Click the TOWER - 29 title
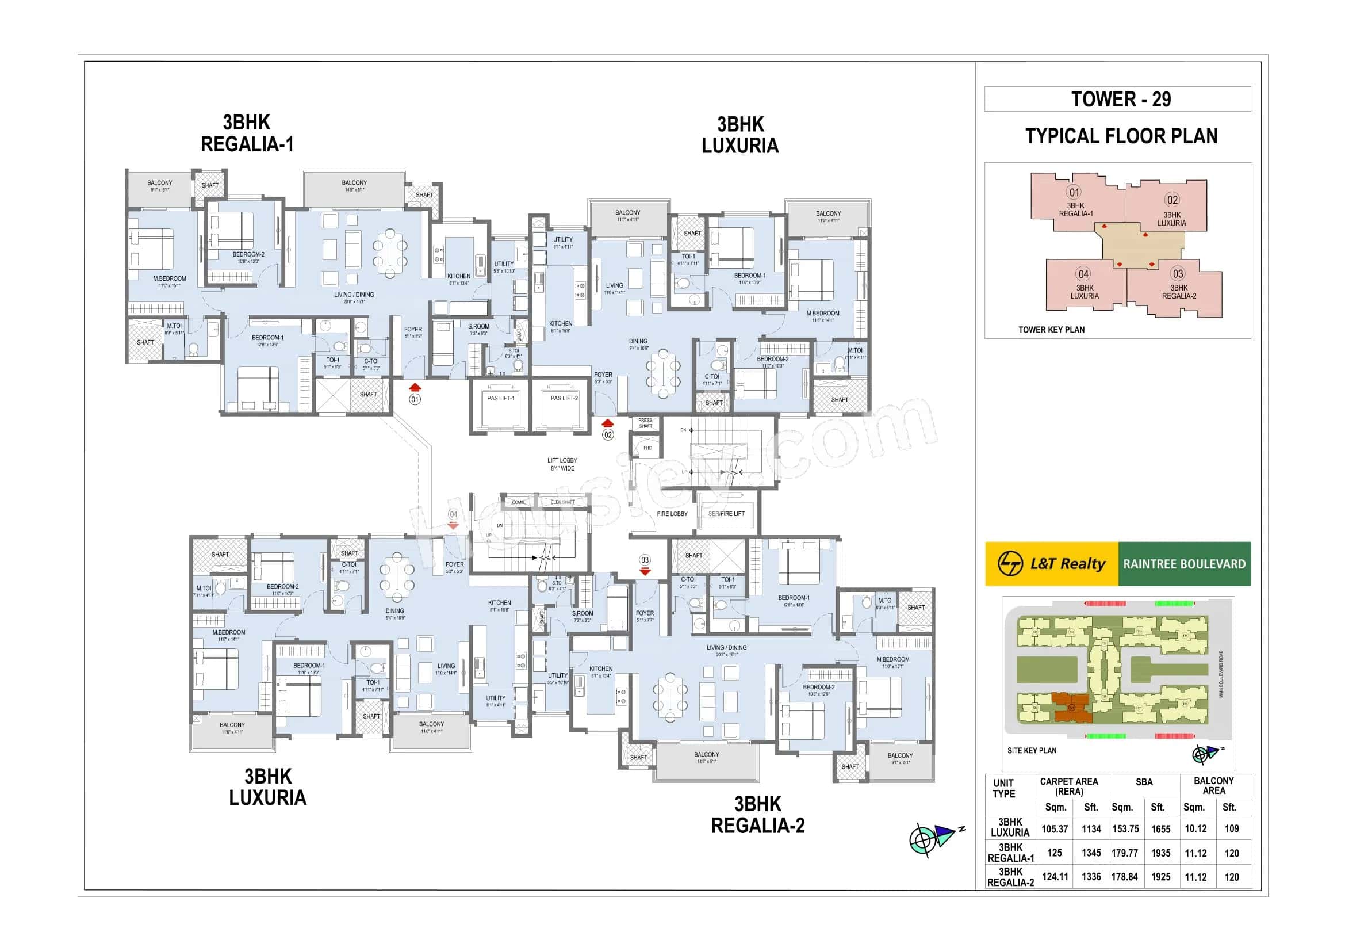pyautogui.click(x=1121, y=99)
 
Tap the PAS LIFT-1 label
pyautogui.click(x=500, y=399)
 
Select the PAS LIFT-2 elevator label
pyautogui.click(x=564, y=399)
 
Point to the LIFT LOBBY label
pyautogui.click(x=562, y=464)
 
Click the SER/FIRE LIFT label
pyautogui.click(x=726, y=514)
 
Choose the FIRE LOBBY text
pyautogui.click(x=672, y=514)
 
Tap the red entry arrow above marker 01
pyautogui.click(x=415, y=387)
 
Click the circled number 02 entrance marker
pyautogui.click(x=608, y=435)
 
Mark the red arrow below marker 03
pyautogui.click(x=645, y=571)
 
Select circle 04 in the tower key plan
pyautogui.click(x=1083, y=274)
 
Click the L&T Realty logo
pyautogui.click(x=1052, y=564)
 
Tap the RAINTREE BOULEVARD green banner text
pyautogui.click(x=1184, y=564)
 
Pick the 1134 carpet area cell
pyautogui.click(x=1091, y=829)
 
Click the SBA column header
pyautogui.click(x=1144, y=782)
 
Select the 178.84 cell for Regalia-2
pyautogui.click(x=1124, y=877)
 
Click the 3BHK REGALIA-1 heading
pyautogui.click(x=247, y=133)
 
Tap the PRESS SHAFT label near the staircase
pyautogui.click(x=645, y=423)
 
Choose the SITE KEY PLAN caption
pyautogui.click(x=1032, y=751)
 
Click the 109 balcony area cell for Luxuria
pyautogui.click(x=1231, y=829)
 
